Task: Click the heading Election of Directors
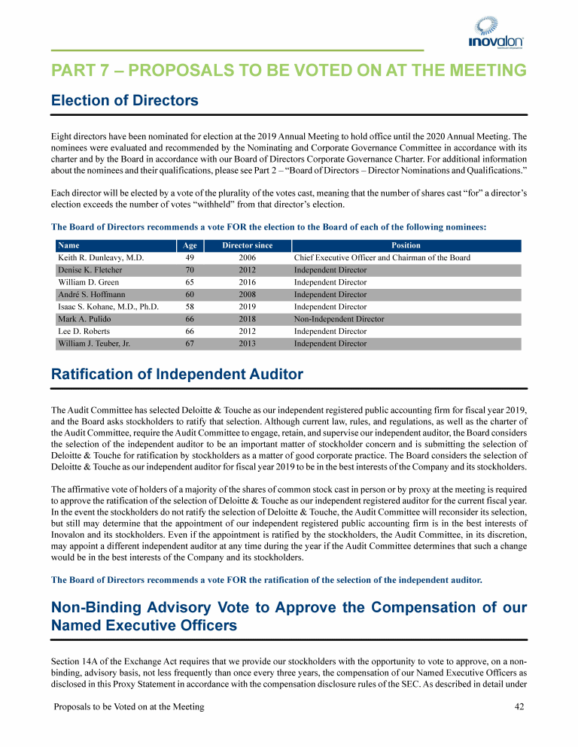click(x=124, y=100)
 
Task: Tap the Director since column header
click(x=248, y=245)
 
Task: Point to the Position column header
click(x=406, y=245)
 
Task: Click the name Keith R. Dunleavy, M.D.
click(x=101, y=257)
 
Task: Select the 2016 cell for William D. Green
click(x=248, y=282)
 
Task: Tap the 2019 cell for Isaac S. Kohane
click(x=248, y=307)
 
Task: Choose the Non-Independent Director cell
click(x=339, y=319)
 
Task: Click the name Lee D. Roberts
click(x=84, y=331)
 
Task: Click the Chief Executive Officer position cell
click(x=382, y=257)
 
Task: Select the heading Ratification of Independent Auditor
click(x=177, y=374)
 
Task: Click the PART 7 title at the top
click(x=288, y=71)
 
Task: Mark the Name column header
click(x=68, y=245)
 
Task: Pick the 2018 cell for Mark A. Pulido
click(x=248, y=319)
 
